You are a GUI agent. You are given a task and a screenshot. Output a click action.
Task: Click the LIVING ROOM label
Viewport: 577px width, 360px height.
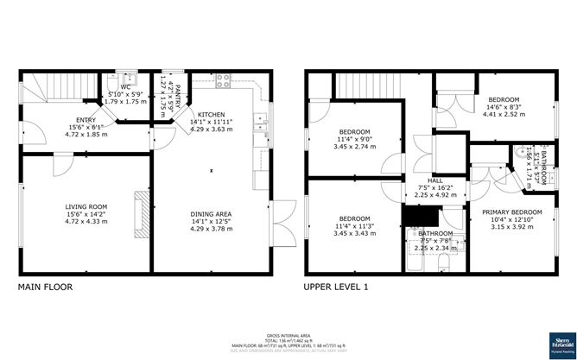(x=85, y=206)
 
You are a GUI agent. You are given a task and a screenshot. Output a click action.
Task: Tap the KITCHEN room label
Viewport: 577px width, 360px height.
(x=211, y=114)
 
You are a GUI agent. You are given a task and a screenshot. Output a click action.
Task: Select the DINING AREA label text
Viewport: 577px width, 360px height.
(x=211, y=213)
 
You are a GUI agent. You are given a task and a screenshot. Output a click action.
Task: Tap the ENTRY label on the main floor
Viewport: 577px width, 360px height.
(x=85, y=121)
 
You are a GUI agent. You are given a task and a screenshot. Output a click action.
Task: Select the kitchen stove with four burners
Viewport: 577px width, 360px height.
(x=224, y=83)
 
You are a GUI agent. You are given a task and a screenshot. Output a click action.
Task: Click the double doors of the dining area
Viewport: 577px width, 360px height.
(x=279, y=222)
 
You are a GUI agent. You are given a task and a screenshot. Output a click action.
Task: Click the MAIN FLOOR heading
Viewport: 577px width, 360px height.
(x=45, y=287)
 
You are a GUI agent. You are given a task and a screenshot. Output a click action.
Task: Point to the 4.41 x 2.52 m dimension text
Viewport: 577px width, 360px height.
(x=503, y=113)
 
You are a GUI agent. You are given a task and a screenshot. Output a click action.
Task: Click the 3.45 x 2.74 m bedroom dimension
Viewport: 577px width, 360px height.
(x=353, y=147)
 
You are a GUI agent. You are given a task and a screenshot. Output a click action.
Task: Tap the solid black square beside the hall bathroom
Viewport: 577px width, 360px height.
(x=413, y=216)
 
